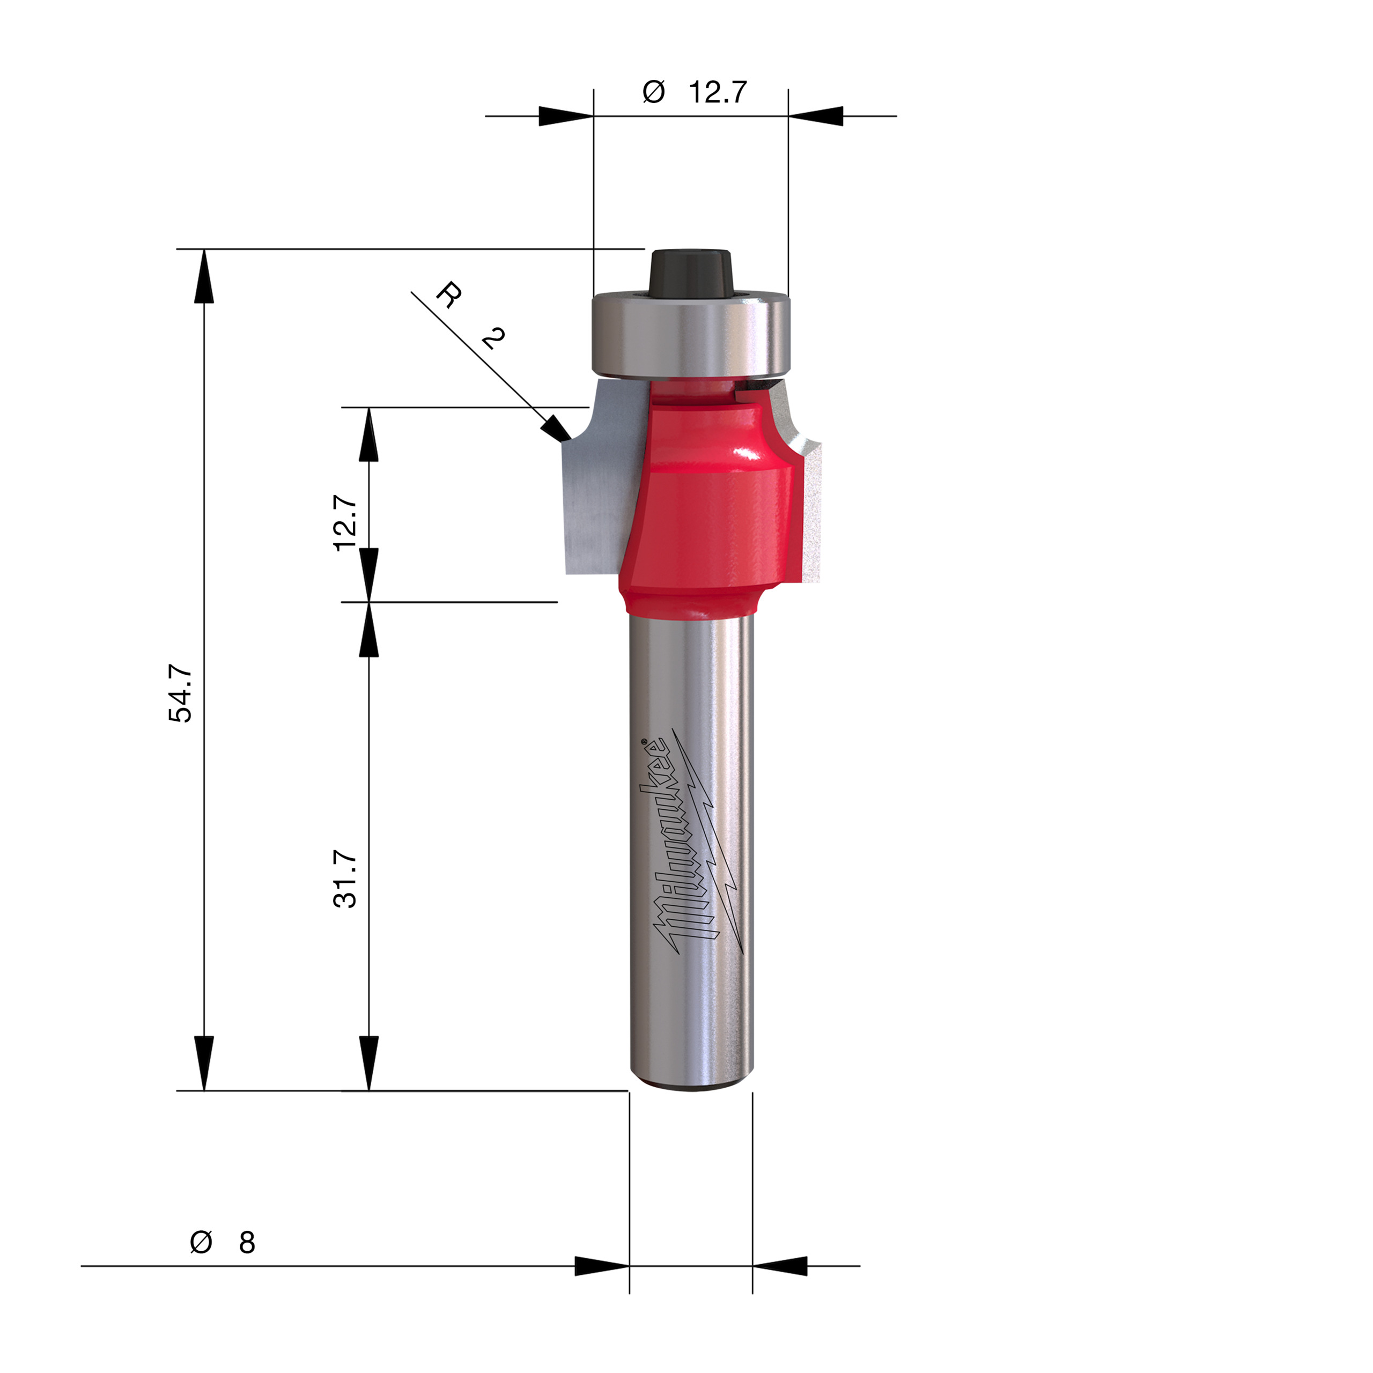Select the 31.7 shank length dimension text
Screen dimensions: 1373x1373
coord(345,879)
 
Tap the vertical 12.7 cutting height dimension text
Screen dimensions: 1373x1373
coord(345,523)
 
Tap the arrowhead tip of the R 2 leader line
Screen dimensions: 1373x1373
coord(569,440)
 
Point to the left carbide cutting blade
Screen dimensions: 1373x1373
coord(593,490)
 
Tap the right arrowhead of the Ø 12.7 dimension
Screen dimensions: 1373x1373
coord(815,116)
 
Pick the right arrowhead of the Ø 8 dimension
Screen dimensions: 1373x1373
coord(780,1266)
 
